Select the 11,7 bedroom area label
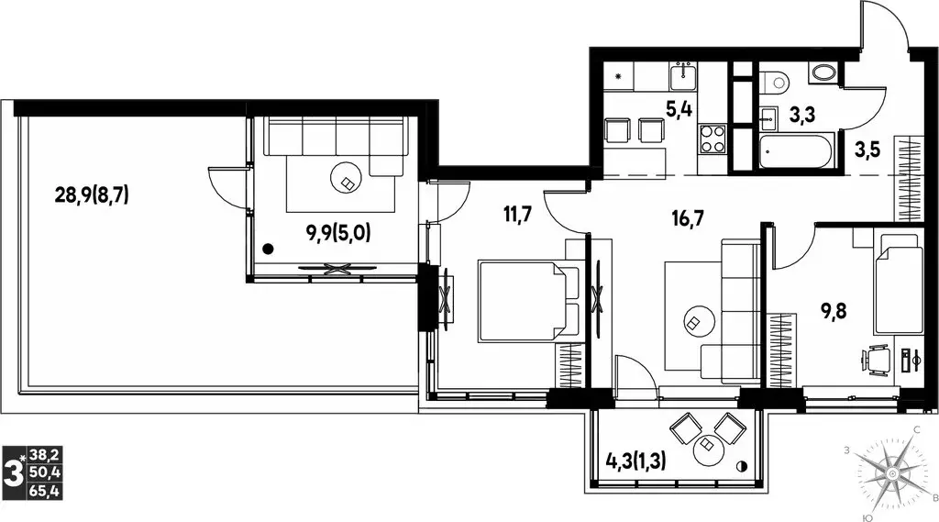tap(518, 214)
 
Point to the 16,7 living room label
tap(688, 218)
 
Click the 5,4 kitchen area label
tap(679, 109)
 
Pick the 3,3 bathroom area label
tap(801, 115)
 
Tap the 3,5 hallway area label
tap(867, 150)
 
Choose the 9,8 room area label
tap(834, 312)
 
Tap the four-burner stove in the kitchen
tap(713, 139)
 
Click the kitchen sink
tap(682, 75)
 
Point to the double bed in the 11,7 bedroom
tap(529, 302)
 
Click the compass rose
tap(892, 474)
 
